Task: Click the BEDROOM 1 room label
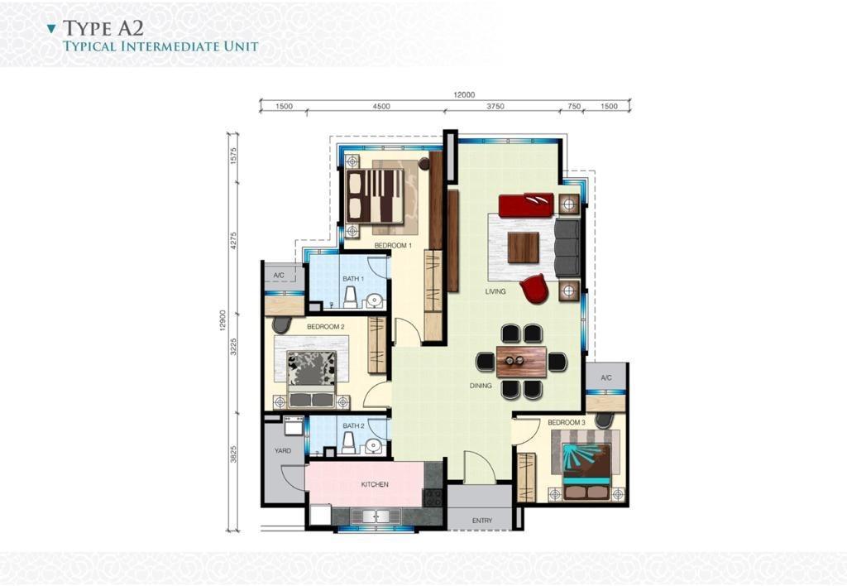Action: (x=393, y=246)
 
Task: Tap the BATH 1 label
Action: (x=353, y=278)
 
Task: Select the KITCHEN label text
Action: (x=375, y=484)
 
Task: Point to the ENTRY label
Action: (x=482, y=521)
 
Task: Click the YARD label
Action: (x=283, y=450)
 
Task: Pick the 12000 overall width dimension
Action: (x=464, y=95)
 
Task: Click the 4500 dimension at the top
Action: (x=380, y=107)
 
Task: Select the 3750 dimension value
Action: (x=495, y=107)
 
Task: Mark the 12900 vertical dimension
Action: (x=223, y=320)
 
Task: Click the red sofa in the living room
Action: (x=526, y=205)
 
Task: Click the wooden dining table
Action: (x=521, y=361)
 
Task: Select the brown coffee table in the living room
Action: (x=524, y=247)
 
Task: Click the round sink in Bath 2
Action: (x=373, y=445)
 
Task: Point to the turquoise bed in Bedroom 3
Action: (x=586, y=469)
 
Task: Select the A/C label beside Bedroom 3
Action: (x=606, y=378)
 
